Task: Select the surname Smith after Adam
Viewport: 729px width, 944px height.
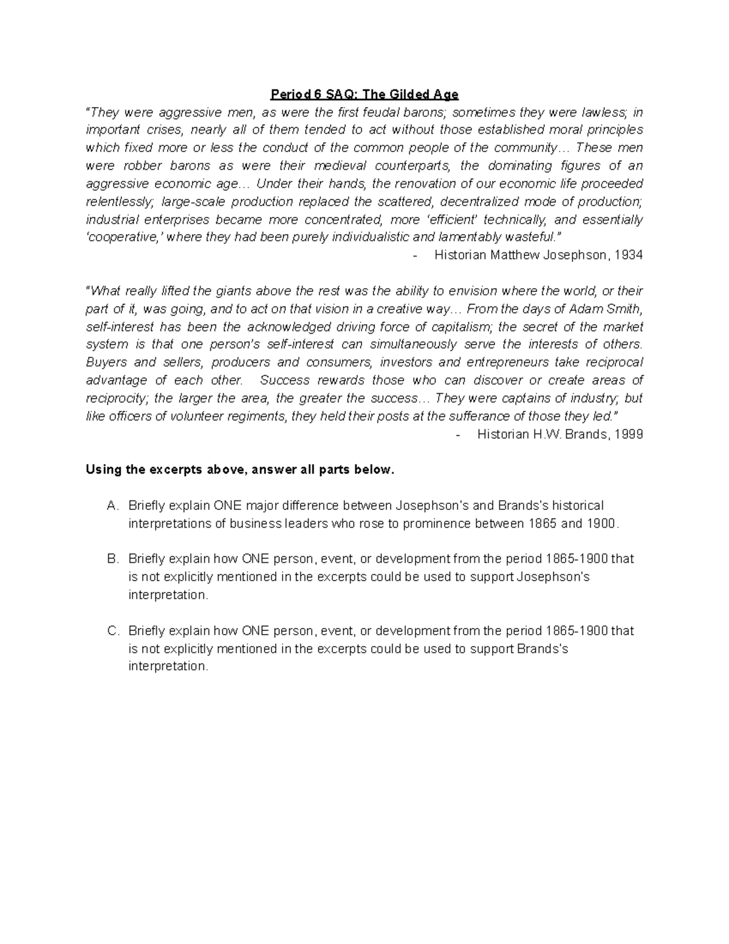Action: [623, 309]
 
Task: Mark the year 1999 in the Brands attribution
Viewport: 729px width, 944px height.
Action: [628, 435]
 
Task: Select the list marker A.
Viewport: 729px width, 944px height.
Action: [111, 506]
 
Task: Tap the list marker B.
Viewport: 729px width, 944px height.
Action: [111, 559]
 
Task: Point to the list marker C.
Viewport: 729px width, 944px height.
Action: [111, 631]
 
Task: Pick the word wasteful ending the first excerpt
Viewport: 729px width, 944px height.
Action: [535, 238]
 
